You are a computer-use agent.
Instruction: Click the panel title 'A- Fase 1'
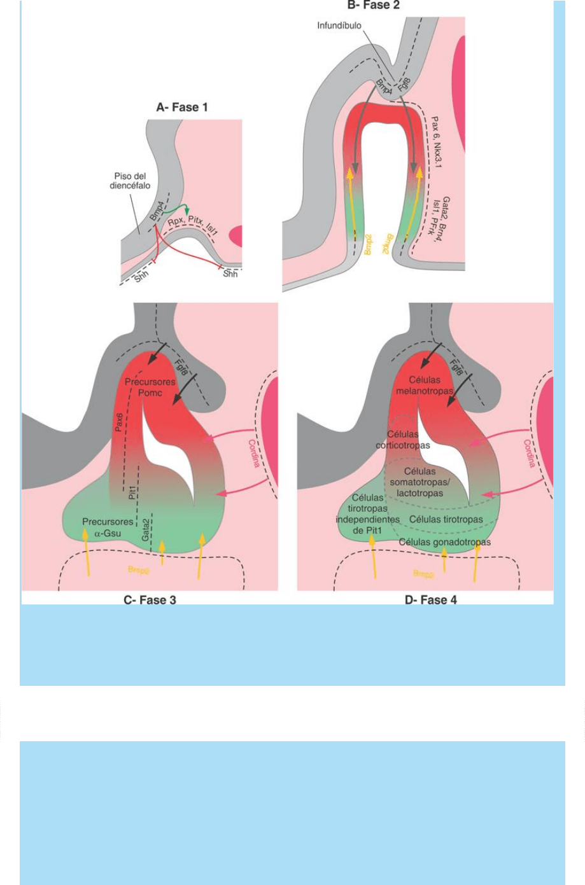point(182,107)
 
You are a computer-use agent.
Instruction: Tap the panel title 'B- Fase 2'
point(373,6)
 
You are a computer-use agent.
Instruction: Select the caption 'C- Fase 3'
point(150,599)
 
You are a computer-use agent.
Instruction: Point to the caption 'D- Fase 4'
point(431,599)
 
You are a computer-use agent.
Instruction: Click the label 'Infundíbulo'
point(340,26)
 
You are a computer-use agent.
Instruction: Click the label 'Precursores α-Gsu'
point(108,527)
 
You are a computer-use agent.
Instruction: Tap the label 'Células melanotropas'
point(425,386)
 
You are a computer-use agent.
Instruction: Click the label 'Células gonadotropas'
point(444,542)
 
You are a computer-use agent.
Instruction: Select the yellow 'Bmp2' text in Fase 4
point(423,574)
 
